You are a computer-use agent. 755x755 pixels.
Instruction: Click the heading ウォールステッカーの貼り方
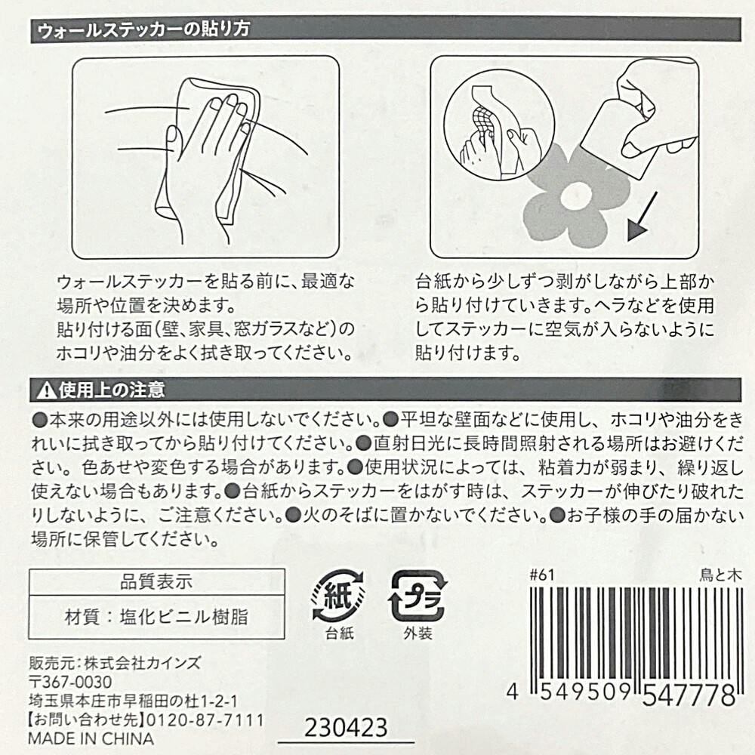click(x=143, y=30)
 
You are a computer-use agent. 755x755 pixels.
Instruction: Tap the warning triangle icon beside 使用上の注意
click(x=46, y=390)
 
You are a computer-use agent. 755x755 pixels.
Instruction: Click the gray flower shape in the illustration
click(x=576, y=196)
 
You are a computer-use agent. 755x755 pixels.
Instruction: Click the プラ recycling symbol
click(x=418, y=596)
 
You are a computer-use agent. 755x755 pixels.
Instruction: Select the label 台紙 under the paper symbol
click(x=340, y=633)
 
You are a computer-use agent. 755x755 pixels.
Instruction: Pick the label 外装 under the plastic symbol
click(x=418, y=633)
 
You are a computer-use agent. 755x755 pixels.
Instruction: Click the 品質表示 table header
click(x=156, y=582)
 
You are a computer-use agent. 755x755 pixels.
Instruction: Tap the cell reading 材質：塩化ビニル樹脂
click(x=156, y=617)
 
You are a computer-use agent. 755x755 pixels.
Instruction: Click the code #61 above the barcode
click(x=541, y=575)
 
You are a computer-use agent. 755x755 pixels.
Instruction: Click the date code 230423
click(x=346, y=728)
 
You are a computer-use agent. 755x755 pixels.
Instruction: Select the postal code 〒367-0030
click(x=70, y=682)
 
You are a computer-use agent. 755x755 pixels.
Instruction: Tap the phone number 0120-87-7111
click(x=205, y=720)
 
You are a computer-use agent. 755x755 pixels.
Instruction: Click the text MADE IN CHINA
click(x=91, y=738)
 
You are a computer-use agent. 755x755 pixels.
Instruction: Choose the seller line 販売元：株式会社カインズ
click(x=115, y=663)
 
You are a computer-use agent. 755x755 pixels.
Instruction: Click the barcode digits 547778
click(x=689, y=695)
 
